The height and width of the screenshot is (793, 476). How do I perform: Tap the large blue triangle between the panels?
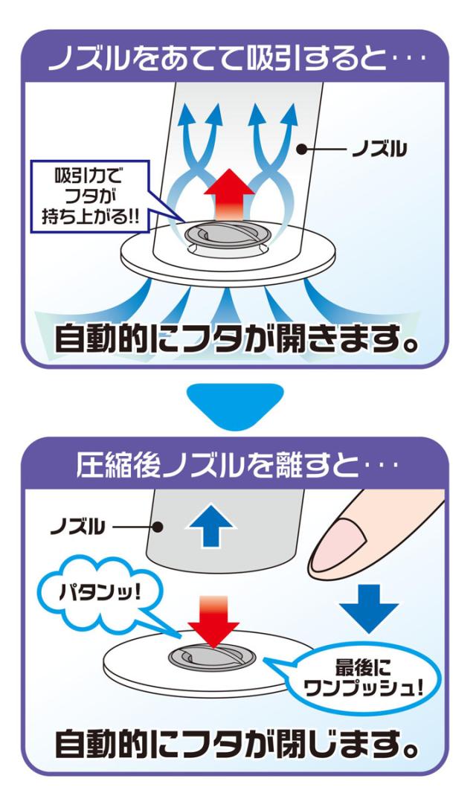pyautogui.click(x=238, y=405)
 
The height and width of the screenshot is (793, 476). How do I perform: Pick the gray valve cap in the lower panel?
pyautogui.click(x=212, y=655)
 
